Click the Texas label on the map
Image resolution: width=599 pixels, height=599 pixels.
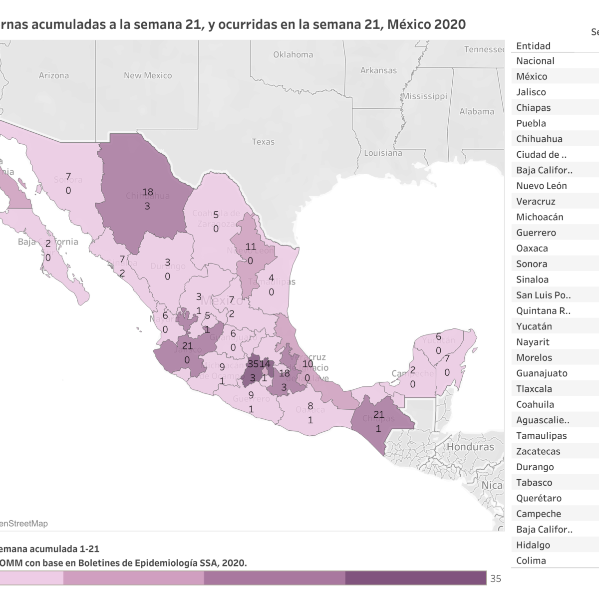point(263,142)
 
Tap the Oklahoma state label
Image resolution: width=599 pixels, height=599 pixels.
point(293,55)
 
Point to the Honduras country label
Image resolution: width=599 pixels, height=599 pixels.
point(470,447)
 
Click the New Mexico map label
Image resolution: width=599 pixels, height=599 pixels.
point(148,75)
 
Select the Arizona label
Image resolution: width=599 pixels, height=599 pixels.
point(54,75)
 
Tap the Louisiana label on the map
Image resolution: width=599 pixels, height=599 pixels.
point(383,153)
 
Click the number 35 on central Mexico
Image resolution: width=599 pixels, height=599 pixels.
point(253,363)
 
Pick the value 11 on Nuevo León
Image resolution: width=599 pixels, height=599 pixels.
point(250,247)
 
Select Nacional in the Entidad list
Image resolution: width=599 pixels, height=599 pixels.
point(535,61)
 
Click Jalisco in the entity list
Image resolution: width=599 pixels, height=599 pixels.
point(531,92)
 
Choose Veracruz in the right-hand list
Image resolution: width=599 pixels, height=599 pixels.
point(536,202)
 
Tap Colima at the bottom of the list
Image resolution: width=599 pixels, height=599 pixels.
point(531,561)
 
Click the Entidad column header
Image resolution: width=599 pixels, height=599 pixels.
point(533,46)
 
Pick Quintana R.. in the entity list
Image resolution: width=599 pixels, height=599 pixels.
point(543,311)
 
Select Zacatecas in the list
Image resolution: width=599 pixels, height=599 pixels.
point(538,451)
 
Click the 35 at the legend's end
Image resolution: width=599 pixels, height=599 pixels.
point(495,579)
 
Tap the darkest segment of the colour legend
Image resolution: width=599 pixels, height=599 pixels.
point(415,578)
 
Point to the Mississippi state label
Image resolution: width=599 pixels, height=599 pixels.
point(425,96)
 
